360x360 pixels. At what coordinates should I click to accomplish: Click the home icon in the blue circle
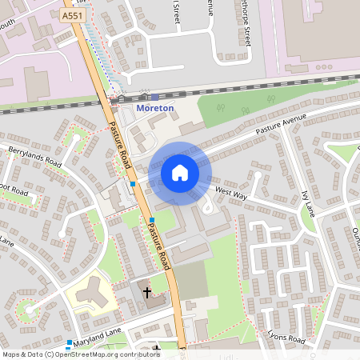coord(179,172)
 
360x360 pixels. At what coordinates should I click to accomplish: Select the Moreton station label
coord(155,108)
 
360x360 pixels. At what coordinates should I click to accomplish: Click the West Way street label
coord(231,194)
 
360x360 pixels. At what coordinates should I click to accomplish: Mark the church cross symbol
coord(147,293)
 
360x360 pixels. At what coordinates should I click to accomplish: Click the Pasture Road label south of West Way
coord(158,245)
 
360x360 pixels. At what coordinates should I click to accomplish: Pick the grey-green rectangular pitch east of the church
coord(190,280)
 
